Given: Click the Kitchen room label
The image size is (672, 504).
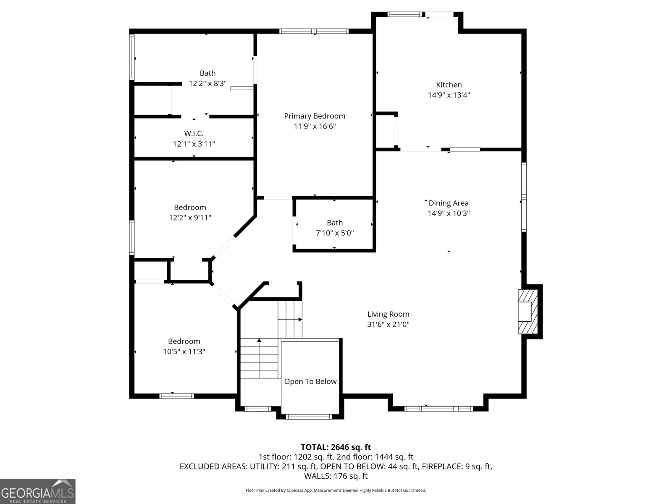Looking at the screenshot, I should click(x=449, y=85).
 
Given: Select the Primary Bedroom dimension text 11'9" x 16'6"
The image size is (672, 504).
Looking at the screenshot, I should click(x=315, y=126).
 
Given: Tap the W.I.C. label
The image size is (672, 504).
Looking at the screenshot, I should click(x=194, y=134).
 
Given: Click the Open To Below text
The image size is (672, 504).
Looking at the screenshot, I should click(x=310, y=381).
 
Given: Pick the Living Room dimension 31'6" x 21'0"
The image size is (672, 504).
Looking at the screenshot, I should click(x=388, y=324).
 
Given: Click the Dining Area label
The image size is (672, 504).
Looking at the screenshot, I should click(x=448, y=203).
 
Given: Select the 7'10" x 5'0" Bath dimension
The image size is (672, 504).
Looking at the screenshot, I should click(x=335, y=233).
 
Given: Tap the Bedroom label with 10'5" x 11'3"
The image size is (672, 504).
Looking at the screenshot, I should click(x=184, y=341).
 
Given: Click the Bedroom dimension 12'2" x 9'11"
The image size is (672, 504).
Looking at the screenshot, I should click(x=190, y=218).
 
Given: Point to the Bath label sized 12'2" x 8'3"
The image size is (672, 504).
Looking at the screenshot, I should click(x=207, y=73).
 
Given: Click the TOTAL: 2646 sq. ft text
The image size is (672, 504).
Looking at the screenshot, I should click(x=336, y=447).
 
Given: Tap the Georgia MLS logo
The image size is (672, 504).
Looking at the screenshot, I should click(x=38, y=491).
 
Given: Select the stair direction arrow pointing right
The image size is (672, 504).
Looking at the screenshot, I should click(x=300, y=320).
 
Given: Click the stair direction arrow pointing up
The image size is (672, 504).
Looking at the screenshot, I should click(x=259, y=341).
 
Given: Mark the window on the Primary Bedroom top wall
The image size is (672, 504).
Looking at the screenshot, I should click(x=314, y=31).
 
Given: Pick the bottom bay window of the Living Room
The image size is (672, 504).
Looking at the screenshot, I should click(x=438, y=408).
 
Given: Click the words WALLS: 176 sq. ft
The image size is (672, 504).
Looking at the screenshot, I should click(x=336, y=476).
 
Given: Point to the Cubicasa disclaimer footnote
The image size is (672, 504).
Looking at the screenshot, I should click(x=336, y=490).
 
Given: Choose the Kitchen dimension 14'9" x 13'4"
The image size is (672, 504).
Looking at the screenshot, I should click(x=449, y=95).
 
